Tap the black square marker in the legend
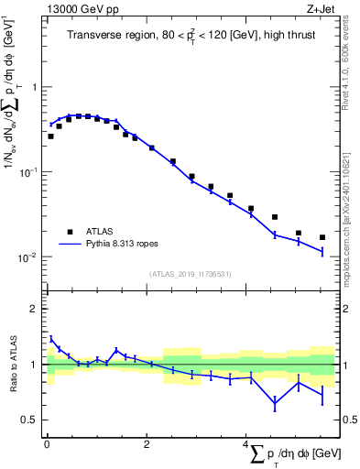(x=70, y=232)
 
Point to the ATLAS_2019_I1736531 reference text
(x=190, y=274)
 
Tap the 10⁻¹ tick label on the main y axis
(x=28, y=172)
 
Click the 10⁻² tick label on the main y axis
(x=28, y=257)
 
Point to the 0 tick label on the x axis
(x=47, y=444)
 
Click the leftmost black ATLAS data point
(x=50, y=136)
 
